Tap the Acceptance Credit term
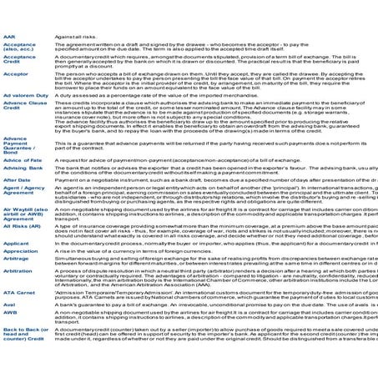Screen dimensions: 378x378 point(19,60)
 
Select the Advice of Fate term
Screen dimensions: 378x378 point(23,159)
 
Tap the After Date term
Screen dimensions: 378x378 point(17,179)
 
